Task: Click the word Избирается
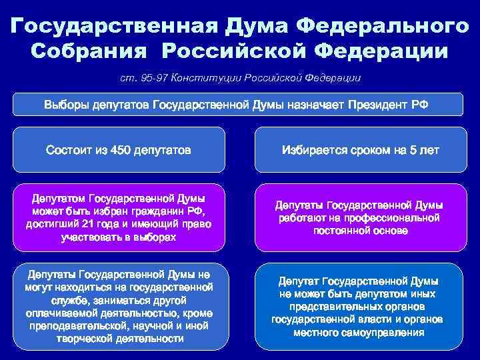click(317, 150)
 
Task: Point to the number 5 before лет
click(413, 150)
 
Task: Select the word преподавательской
click(69, 326)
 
